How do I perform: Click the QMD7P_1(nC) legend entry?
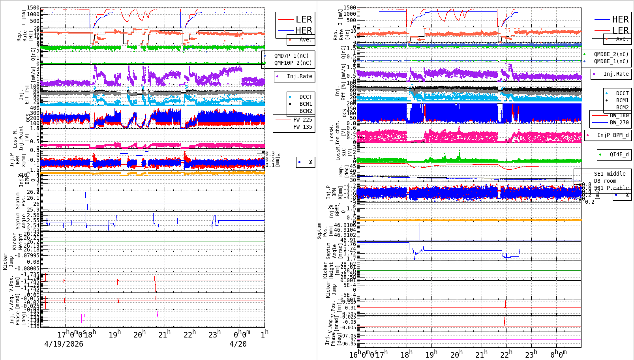291,56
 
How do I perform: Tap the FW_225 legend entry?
302,120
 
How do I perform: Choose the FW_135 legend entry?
302,127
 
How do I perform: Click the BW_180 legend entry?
619,115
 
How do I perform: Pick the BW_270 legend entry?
619,122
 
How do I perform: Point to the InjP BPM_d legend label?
613,135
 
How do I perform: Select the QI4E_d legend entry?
619,154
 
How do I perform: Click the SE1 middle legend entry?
610,174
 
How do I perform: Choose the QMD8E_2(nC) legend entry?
611,54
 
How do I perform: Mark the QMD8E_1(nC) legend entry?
611,61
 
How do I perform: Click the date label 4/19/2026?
64,344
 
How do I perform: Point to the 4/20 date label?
238,344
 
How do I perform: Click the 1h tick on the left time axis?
264,334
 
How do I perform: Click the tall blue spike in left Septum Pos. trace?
85,197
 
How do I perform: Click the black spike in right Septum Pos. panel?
420,231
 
